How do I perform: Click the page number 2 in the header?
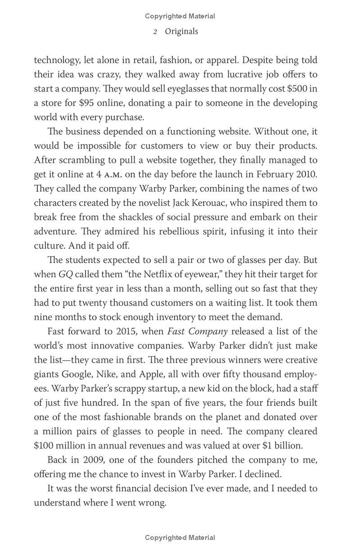[155, 32]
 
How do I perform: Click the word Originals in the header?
[181, 32]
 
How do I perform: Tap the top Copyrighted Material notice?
[180, 16]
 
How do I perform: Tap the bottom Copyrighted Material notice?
[180, 537]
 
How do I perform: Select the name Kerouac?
[224, 203]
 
